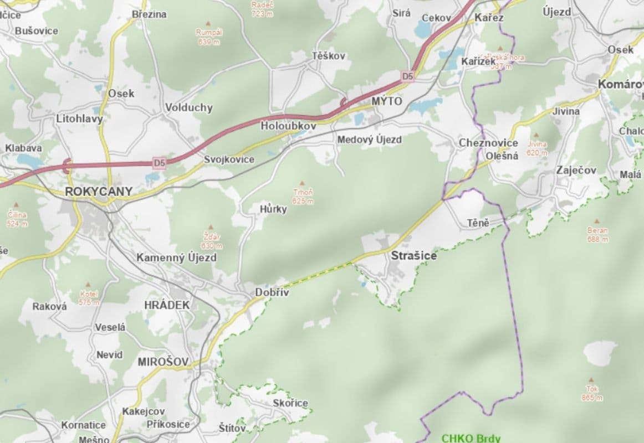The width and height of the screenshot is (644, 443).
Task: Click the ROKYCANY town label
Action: [x=99, y=192]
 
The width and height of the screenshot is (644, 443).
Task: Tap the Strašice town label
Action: [x=413, y=256]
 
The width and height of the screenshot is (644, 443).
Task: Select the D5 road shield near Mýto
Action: [x=407, y=77]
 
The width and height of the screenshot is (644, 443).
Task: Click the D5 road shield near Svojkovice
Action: [x=160, y=163]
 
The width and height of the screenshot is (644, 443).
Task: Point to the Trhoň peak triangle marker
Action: [x=302, y=183]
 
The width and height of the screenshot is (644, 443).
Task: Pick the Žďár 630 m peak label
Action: [x=211, y=241]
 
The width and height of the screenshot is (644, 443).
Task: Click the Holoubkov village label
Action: [x=288, y=126]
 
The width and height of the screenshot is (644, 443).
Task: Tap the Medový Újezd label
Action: [x=369, y=140]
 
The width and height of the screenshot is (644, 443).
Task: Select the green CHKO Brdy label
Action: [x=471, y=437]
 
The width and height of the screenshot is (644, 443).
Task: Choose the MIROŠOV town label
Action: [x=163, y=362]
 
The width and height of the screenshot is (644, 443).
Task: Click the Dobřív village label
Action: [x=272, y=292]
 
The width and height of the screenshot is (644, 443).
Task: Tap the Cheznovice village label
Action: [x=488, y=143]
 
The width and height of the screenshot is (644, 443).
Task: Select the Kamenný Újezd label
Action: [x=176, y=257]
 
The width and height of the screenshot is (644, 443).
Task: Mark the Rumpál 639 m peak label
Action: [x=209, y=37]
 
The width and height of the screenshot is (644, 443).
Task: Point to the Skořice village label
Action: [x=290, y=403]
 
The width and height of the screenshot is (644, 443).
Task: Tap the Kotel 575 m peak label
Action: [x=89, y=297]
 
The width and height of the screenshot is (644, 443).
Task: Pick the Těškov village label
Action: [x=328, y=56]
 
